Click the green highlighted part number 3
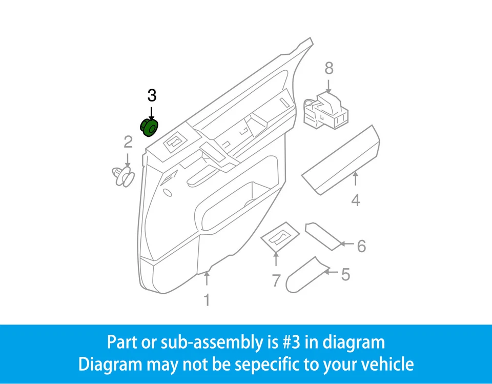tap(149, 127)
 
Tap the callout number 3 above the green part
tap(152, 95)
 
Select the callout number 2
tap(128, 142)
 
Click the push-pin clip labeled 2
tap(122, 175)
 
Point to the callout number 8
tap(329, 68)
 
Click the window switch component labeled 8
tap(326, 110)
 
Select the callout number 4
tap(356, 200)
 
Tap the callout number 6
tap(361, 247)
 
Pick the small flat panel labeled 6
tap(323, 235)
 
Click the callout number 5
tap(345, 275)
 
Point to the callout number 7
tap(276, 280)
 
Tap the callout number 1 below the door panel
tap(207, 300)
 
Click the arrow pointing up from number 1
tap(207, 279)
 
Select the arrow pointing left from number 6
tap(347, 245)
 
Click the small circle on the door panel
tap(167, 193)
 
